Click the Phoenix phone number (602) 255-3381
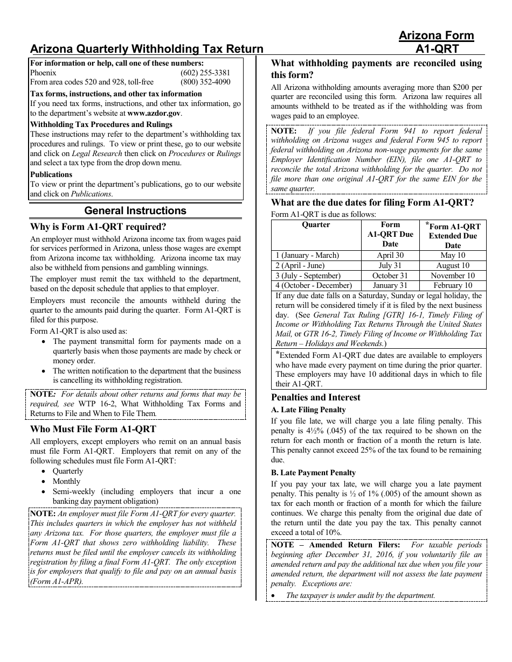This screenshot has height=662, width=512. (x=205, y=73)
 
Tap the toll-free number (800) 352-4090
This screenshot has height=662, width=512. (x=205, y=82)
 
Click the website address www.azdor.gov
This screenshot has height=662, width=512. (x=154, y=114)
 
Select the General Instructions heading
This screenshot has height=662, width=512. (x=135, y=211)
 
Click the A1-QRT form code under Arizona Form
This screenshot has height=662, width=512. (x=437, y=49)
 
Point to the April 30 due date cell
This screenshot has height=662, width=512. (x=390, y=256)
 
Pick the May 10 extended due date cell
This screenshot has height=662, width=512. (x=453, y=256)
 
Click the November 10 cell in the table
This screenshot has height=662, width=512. (x=453, y=276)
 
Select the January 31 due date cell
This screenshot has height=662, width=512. (x=390, y=286)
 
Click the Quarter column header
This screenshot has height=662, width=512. (x=316, y=225)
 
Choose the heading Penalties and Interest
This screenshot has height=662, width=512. (x=316, y=398)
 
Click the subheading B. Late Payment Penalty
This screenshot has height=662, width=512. (x=313, y=473)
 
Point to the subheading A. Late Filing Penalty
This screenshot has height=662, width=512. (x=308, y=410)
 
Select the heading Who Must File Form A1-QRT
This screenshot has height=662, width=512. (x=93, y=429)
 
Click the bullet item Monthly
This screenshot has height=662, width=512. (x=66, y=481)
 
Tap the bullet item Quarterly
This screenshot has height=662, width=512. (x=68, y=471)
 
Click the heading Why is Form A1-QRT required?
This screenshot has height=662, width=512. (x=98, y=227)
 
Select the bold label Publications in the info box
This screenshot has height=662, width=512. (x=51, y=174)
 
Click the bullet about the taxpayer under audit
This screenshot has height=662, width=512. (x=360, y=595)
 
